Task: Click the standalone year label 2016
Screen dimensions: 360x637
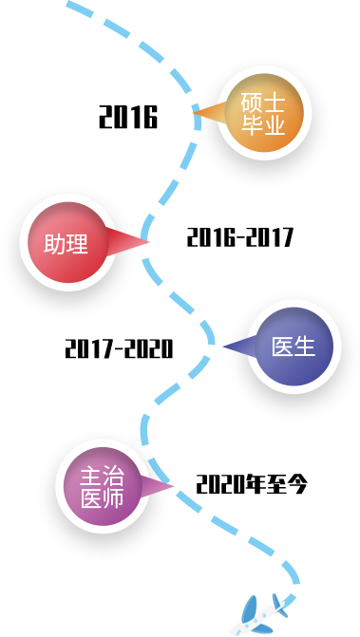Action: (128, 117)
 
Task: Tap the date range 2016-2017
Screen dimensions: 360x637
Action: (239, 237)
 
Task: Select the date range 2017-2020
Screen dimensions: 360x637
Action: (119, 348)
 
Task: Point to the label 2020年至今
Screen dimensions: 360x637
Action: (252, 484)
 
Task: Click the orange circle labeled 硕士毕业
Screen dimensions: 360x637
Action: (264, 113)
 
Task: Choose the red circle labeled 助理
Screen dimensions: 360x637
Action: (67, 242)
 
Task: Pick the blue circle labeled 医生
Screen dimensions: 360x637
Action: (294, 347)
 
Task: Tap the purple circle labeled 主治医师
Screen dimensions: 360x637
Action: (103, 486)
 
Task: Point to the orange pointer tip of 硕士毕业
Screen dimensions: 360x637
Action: (194, 112)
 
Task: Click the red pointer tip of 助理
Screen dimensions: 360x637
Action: (149, 242)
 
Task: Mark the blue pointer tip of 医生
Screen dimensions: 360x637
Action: (223, 347)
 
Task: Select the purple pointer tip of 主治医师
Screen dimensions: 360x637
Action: (174, 485)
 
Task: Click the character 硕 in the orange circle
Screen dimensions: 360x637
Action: (252, 104)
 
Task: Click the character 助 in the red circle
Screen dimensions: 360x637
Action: (55, 244)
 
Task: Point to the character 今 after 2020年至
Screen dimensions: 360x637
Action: (295, 484)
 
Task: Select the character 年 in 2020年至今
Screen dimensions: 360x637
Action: (254, 484)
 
